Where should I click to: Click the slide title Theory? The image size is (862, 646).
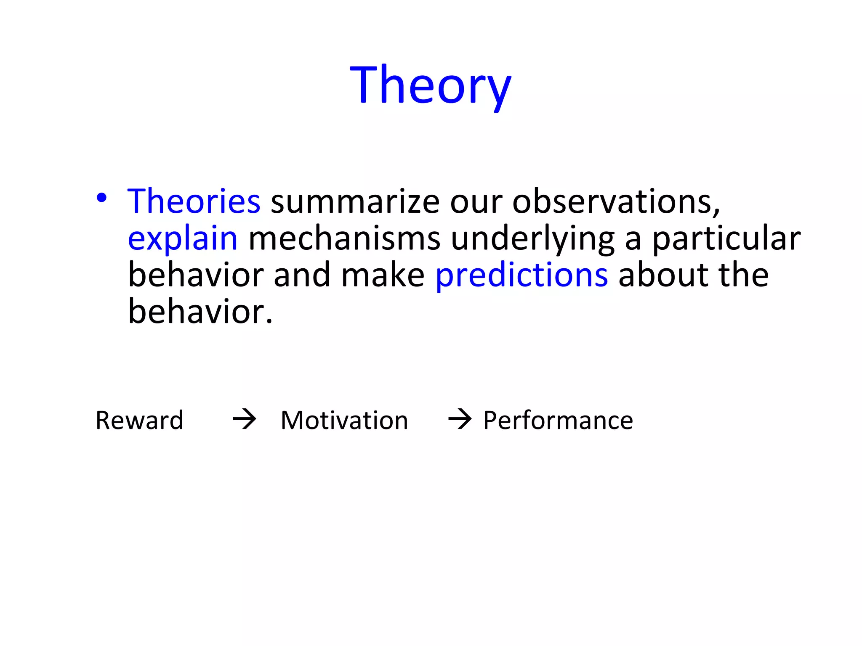click(x=430, y=85)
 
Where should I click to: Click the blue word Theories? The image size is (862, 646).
click(x=194, y=201)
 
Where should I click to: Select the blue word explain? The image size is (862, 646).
click(x=183, y=238)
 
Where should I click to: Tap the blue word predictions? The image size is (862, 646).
click(x=521, y=275)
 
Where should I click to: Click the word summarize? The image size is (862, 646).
click(x=355, y=201)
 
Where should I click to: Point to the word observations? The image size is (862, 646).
click(x=615, y=201)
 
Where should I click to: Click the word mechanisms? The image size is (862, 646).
click(x=344, y=238)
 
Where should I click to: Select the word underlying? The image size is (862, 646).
click(x=532, y=238)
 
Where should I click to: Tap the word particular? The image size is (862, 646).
click(x=726, y=238)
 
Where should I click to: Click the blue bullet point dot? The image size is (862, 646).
click(x=101, y=198)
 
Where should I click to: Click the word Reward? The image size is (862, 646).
click(x=139, y=420)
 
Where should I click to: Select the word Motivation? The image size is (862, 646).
click(x=344, y=420)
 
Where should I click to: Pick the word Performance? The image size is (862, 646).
click(x=558, y=420)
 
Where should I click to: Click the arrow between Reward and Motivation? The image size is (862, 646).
click(x=245, y=419)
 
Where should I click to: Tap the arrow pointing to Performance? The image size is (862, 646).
click(x=460, y=419)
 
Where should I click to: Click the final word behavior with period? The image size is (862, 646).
click(x=200, y=312)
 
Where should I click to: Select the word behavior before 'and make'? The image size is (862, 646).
click(x=196, y=275)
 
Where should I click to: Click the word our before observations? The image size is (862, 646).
click(x=476, y=201)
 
